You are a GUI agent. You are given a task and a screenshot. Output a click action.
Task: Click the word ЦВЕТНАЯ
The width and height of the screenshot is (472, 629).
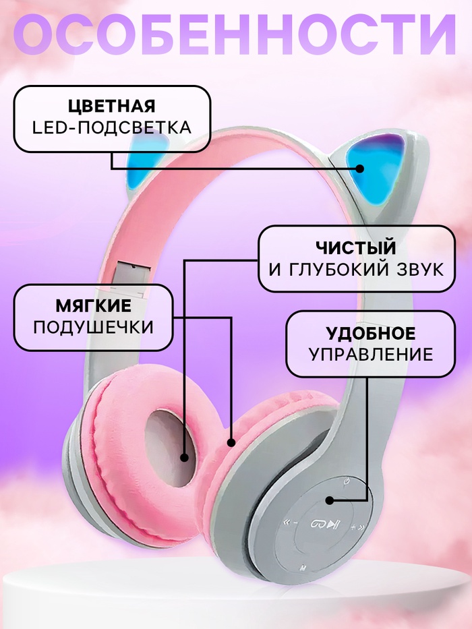(x=112, y=107)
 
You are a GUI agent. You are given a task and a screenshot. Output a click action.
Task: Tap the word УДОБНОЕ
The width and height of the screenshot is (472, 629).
(x=371, y=333)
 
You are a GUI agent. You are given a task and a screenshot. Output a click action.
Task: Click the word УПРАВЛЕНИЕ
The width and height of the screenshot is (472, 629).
(x=371, y=354)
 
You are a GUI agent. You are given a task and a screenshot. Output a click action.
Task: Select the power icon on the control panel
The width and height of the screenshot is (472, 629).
(x=346, y=481)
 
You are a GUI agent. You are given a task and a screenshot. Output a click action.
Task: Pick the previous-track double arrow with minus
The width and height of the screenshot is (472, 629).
(x=289, y=522)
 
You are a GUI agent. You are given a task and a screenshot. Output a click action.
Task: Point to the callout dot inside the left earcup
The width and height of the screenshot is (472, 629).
(x=183, y=457)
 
